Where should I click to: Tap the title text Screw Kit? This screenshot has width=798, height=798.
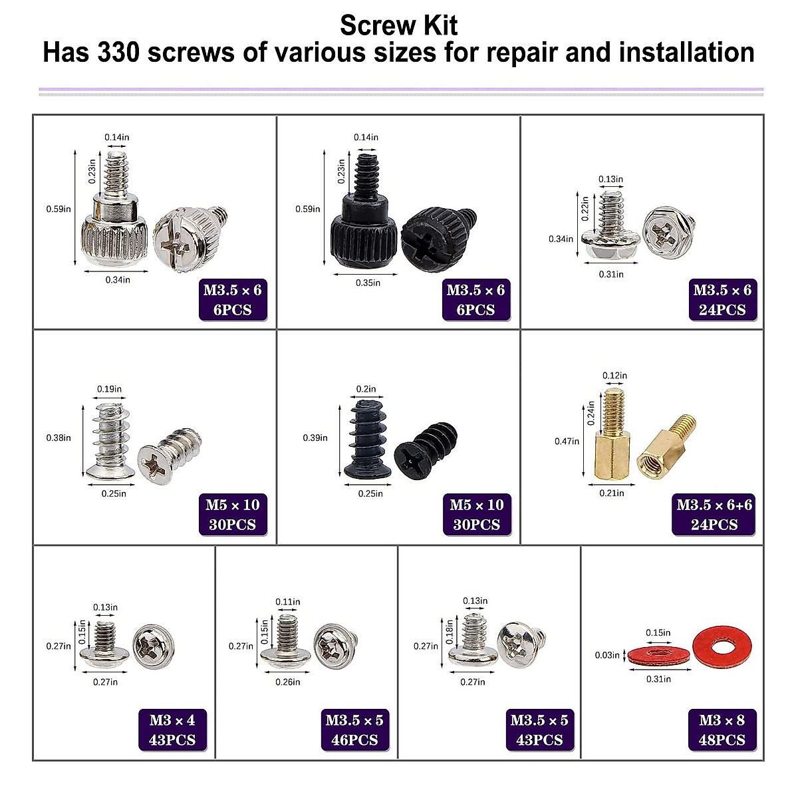[x=398, y=25]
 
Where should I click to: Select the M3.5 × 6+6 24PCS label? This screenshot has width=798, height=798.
[x=714, y=515]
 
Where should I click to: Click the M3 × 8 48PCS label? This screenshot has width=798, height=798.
[x=722, y=730]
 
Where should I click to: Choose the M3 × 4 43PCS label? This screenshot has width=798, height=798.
[x=172, y=730]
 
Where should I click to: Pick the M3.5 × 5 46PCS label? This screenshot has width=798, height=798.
[x=354, y=730]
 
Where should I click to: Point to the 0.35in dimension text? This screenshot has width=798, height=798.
[x=368, y=283]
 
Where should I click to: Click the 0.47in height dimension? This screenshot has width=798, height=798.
[x=567, y=441]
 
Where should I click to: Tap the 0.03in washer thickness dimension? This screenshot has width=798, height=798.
[x=606, y=655]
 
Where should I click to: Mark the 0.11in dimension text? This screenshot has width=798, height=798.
[x=288, y=602]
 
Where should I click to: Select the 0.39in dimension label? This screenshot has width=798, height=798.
[x=315, y=438]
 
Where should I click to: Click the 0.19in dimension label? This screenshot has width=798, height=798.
[x=109, y=389]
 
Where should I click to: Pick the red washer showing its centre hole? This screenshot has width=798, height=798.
[x=719, y=646]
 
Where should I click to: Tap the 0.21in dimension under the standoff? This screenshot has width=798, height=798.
[x=612, y=493]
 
